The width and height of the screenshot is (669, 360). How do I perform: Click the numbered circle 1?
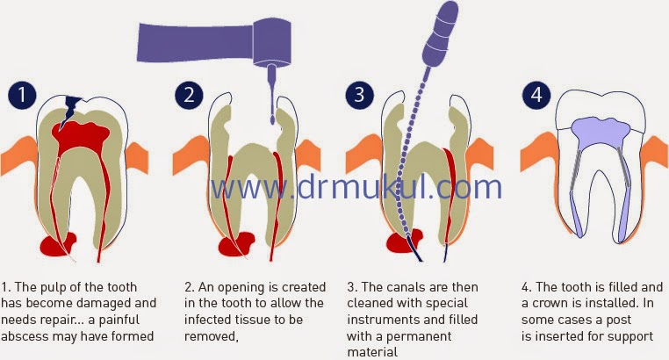click(x=22, y=95)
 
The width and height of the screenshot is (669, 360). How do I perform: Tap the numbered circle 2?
click(x=189, y=95)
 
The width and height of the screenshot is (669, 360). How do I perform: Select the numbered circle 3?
click(x=360, y=95)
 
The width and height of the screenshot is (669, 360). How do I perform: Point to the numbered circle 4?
click(x=536, y=95)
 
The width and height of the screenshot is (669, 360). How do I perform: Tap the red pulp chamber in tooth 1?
click(x=80, y=136)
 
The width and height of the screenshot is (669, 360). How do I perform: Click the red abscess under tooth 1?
click(x=58, y=244)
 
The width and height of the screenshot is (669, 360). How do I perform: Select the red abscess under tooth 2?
click(x=235, y=244)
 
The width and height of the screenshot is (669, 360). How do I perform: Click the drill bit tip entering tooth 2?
click(x=272, y=119)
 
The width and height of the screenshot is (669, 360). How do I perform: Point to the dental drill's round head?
click(x=272, y=42)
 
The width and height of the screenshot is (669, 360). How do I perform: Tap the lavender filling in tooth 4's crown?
click(x=601, y=133)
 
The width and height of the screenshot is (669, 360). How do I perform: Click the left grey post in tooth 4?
click(x=575, y=170)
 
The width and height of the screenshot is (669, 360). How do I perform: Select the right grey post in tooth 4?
click(x=623, y=168)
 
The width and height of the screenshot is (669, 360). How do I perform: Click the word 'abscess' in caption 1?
click(x=25, y=336)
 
